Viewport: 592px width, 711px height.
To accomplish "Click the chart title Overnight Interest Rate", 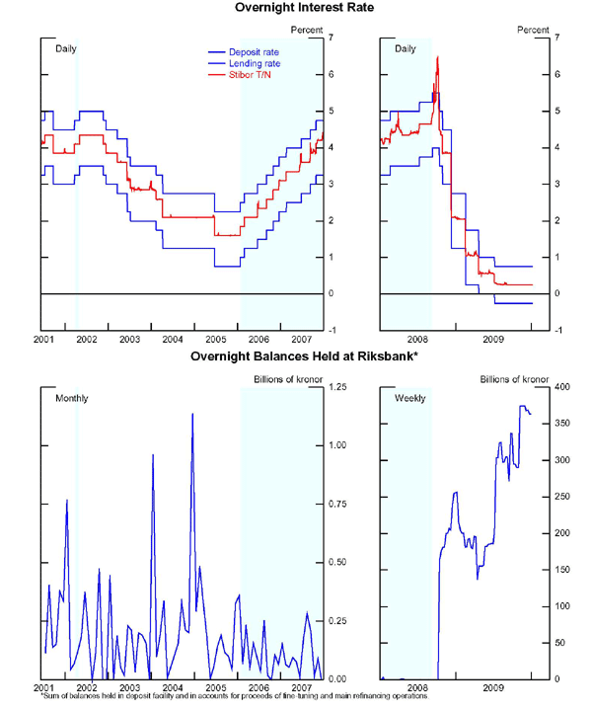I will pyautogui.click(x=295, y=8).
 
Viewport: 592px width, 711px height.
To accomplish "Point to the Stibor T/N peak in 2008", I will pyautogui.click(x=437, y=57).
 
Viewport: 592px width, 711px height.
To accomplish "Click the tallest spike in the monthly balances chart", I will pyautogui.click(x=192, y=414).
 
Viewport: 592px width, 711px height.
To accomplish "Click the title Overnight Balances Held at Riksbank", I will pyautogui.click(x=295, y=356).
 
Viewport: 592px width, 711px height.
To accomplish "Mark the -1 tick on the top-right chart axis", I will pyautogui.click(x=559, y=331).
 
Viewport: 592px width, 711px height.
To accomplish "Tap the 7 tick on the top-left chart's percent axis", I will pyautogui.click(x=332, y=38).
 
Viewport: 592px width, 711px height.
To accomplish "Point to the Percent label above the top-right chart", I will pyautogui.click(x=534, y=30).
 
